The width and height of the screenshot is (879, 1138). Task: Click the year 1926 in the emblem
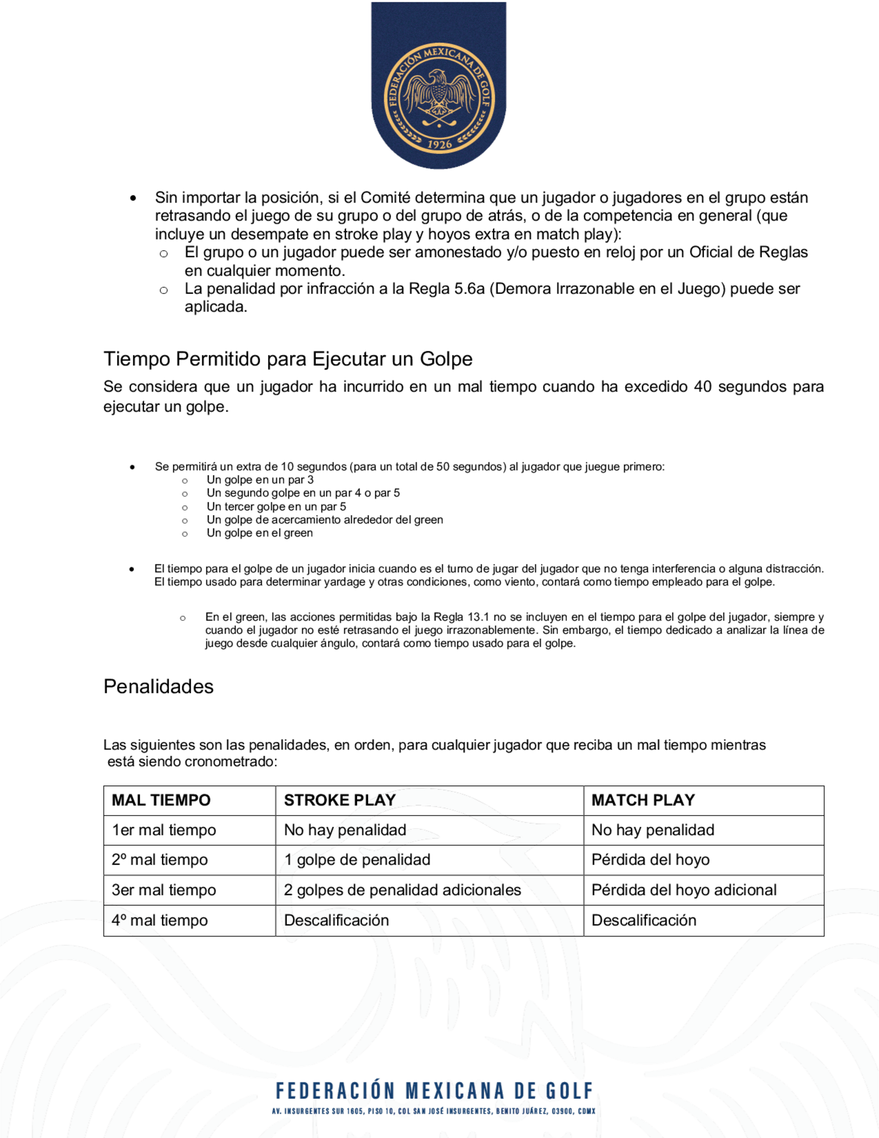(439, 145)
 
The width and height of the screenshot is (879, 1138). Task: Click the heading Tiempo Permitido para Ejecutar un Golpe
(288, 359)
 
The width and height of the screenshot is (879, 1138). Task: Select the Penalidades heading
(158, 686)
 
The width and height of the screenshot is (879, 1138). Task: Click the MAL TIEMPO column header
(161, 800)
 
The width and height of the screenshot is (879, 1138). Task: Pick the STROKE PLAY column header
(340, 800)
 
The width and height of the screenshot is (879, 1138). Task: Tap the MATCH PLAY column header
(643, 800)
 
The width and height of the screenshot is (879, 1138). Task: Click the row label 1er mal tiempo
(164, 830)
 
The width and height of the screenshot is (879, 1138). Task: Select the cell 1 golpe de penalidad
(357, 860)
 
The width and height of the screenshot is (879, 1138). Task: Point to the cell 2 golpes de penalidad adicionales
(403, 890)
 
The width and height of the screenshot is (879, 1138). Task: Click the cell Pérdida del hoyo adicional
(684, 890)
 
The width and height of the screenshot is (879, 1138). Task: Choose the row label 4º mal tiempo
(160, 920)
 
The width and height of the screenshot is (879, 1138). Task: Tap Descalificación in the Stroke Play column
(336, 920)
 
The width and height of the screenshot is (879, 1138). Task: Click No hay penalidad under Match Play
(653, 830)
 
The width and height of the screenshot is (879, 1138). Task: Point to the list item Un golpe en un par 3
(260, 480)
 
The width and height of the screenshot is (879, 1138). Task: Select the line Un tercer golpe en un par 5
(276, 507)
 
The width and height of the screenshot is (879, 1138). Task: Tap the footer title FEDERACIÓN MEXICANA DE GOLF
(434, 1091)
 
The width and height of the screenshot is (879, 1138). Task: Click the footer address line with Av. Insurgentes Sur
(434, 1112)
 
